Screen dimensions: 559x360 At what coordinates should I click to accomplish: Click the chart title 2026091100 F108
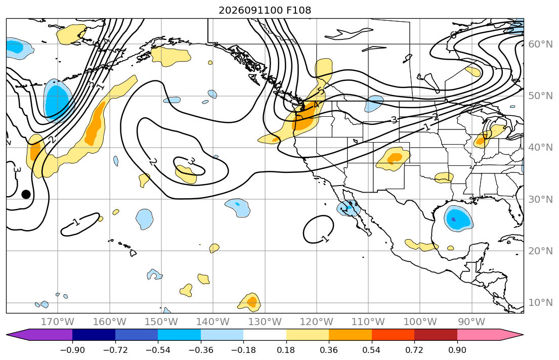tap(265, 10)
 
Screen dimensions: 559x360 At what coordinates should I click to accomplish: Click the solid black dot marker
tap(26, 194)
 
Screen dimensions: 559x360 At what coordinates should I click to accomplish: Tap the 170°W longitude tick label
tap(57, 322)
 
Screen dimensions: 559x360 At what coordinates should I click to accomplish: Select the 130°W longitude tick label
tap(265, 322)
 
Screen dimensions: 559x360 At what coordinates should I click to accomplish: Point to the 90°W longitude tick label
tap(471, 322)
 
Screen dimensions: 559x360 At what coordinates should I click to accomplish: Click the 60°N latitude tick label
tap(540, 44)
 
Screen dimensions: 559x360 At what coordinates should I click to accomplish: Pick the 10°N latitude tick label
tap(540, 303)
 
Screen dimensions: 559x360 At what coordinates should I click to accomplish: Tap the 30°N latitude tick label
tap(540, 199)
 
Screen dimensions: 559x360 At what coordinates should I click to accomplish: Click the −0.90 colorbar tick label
tap(72, 350)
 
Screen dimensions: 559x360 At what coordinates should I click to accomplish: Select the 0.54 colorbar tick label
tap(371, 350)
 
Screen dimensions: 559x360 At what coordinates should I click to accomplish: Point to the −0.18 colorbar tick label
tap(243, 350)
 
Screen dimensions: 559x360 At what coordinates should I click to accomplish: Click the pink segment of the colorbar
tap(479, 335)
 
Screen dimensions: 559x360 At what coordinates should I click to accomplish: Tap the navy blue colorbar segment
tap(94, 335)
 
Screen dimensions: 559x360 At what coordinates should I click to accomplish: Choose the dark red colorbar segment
tap(436, 335)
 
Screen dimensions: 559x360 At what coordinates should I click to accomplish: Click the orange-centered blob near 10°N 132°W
tap(250, 302)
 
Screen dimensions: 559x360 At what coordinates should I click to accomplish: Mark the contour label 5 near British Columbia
tap(322, 91)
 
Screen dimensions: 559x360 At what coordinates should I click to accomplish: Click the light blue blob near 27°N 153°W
tap(144, 219)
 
